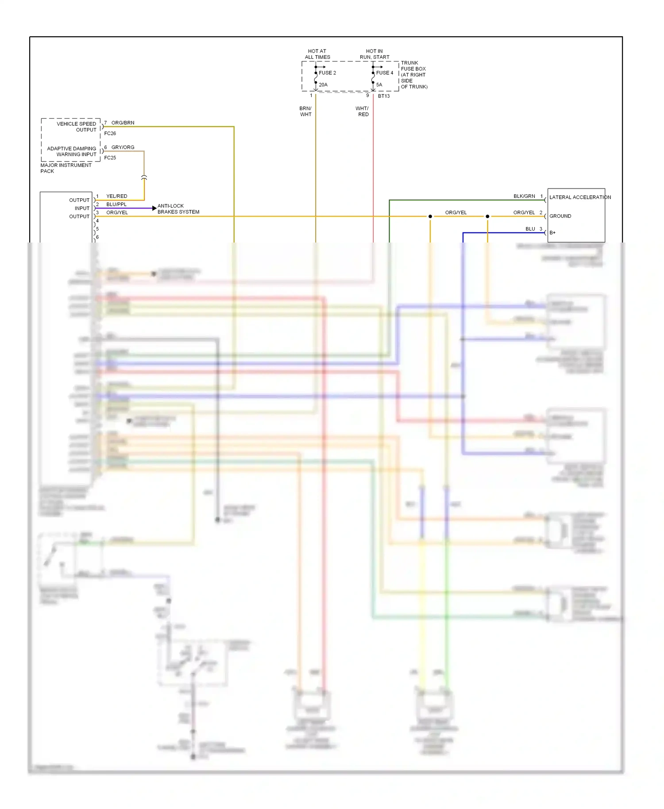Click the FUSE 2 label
coord(327,73)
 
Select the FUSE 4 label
coord(384,73)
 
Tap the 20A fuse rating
coord(323,85)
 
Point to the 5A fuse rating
coord(379,85)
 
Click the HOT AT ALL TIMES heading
coord(317,54)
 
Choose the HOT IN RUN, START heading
coord(374,54)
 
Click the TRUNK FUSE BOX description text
coord(414,75)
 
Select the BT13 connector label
coord(384,96)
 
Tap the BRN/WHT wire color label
coord(305,112)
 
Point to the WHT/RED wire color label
coord(362,112)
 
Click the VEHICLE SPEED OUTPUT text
coord(77,127)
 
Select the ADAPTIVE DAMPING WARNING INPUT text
coord(72,151)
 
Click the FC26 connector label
coord(110,133)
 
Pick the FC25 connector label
coord(110,158)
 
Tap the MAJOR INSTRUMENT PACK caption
coord(66,168)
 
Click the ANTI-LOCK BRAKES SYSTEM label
coord(178,209)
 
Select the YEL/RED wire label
coord(116,196)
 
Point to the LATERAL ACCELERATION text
coord(580,197)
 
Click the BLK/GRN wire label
coord(524,196)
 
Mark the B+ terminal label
coord(552,233)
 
